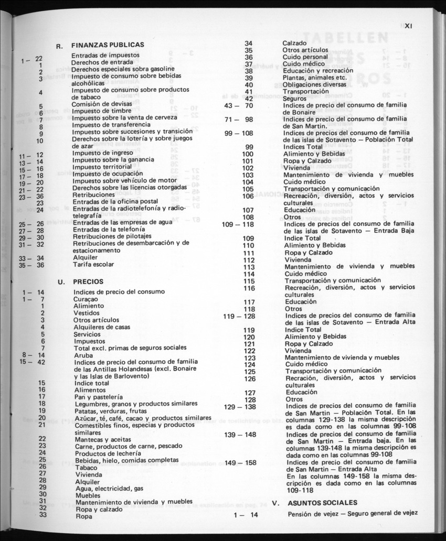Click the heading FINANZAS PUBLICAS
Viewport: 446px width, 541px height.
[x=108, y=45]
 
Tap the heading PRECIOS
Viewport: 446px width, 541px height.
[x=88, y=282]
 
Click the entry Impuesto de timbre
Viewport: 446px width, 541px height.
[x=95, y=112]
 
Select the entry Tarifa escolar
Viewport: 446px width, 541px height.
[x=93, y=264]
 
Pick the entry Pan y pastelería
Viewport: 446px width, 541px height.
[x=99, y=397]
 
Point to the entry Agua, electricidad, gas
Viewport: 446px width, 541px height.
[x=110, y=488]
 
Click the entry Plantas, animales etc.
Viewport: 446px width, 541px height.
[x=315, y=78]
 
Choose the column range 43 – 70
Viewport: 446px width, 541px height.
[x=239, y=105]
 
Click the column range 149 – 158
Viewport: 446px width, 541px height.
[x=240, y=463]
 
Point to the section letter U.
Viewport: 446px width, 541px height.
[x=61, y=282]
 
